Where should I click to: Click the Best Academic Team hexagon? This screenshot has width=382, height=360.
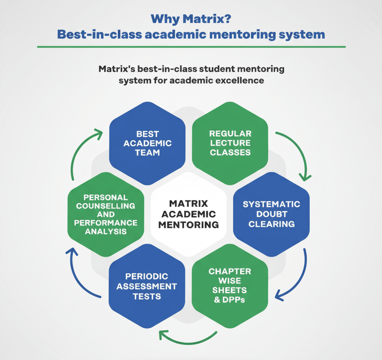point(147,143)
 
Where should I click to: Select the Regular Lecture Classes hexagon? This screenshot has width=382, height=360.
point(230,143)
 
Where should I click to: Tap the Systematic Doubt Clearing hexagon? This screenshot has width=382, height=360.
point(272,214)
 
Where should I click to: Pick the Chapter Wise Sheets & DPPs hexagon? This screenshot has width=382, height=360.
point(230,285)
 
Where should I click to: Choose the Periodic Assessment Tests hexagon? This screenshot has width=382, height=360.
point(147,286)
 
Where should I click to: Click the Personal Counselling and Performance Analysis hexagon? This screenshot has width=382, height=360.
point(105,214)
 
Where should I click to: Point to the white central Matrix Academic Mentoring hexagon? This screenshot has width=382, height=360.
point(188,214)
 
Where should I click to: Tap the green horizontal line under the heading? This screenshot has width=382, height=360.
point(191,47)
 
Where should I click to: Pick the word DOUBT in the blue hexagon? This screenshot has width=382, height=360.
point(271,214)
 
